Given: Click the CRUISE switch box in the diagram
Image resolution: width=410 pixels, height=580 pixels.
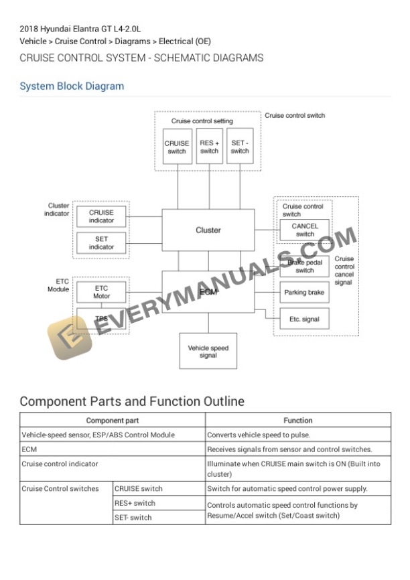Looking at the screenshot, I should pyautogui.click(x=177, y=146).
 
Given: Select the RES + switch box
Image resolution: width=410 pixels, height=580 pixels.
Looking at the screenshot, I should pyautogui.click(x=209, y=146).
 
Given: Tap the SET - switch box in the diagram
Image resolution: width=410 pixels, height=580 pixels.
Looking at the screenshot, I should pyautogui.click(x=240, y=146).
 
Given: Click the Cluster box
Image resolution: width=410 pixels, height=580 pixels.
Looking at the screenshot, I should pyautogui.click(x=208, y=230).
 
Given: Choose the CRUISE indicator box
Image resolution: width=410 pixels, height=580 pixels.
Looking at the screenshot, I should pyautogui.click(x=101, y=216).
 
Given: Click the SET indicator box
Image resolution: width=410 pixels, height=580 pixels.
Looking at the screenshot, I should pyautogui.click(x=101, y=242).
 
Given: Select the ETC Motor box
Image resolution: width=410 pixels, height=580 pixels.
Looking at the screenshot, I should pyautogui.click(x=101, y=292).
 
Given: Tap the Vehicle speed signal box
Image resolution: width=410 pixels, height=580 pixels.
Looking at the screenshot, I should pyautogui.click(x=208, y=351).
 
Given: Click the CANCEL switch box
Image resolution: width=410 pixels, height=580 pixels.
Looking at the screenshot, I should pyautogui.click(x=305, y=230).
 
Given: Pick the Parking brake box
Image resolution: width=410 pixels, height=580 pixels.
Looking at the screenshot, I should pyautogui.click(x=304, y=293).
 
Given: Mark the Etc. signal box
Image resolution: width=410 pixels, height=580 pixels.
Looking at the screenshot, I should pyautogui.click(x=304, y=319).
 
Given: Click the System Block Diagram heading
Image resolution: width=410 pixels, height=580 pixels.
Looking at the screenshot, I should pyautogui.click(x=72, y=86).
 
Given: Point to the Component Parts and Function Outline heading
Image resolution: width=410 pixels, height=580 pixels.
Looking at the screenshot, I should pyautogui.click(x=132, y=401).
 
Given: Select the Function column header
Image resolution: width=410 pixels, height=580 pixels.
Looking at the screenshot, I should pyautogui.click(x=297, y=421).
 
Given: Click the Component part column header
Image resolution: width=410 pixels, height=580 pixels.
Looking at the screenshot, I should pyautogui.click(x=112, y=421).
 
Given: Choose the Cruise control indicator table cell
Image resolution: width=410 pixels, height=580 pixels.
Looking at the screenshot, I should pyautogui.click(x=60, y=463).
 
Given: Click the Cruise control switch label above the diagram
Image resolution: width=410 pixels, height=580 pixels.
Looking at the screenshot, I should pyautogui.click(x=295, y=115).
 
